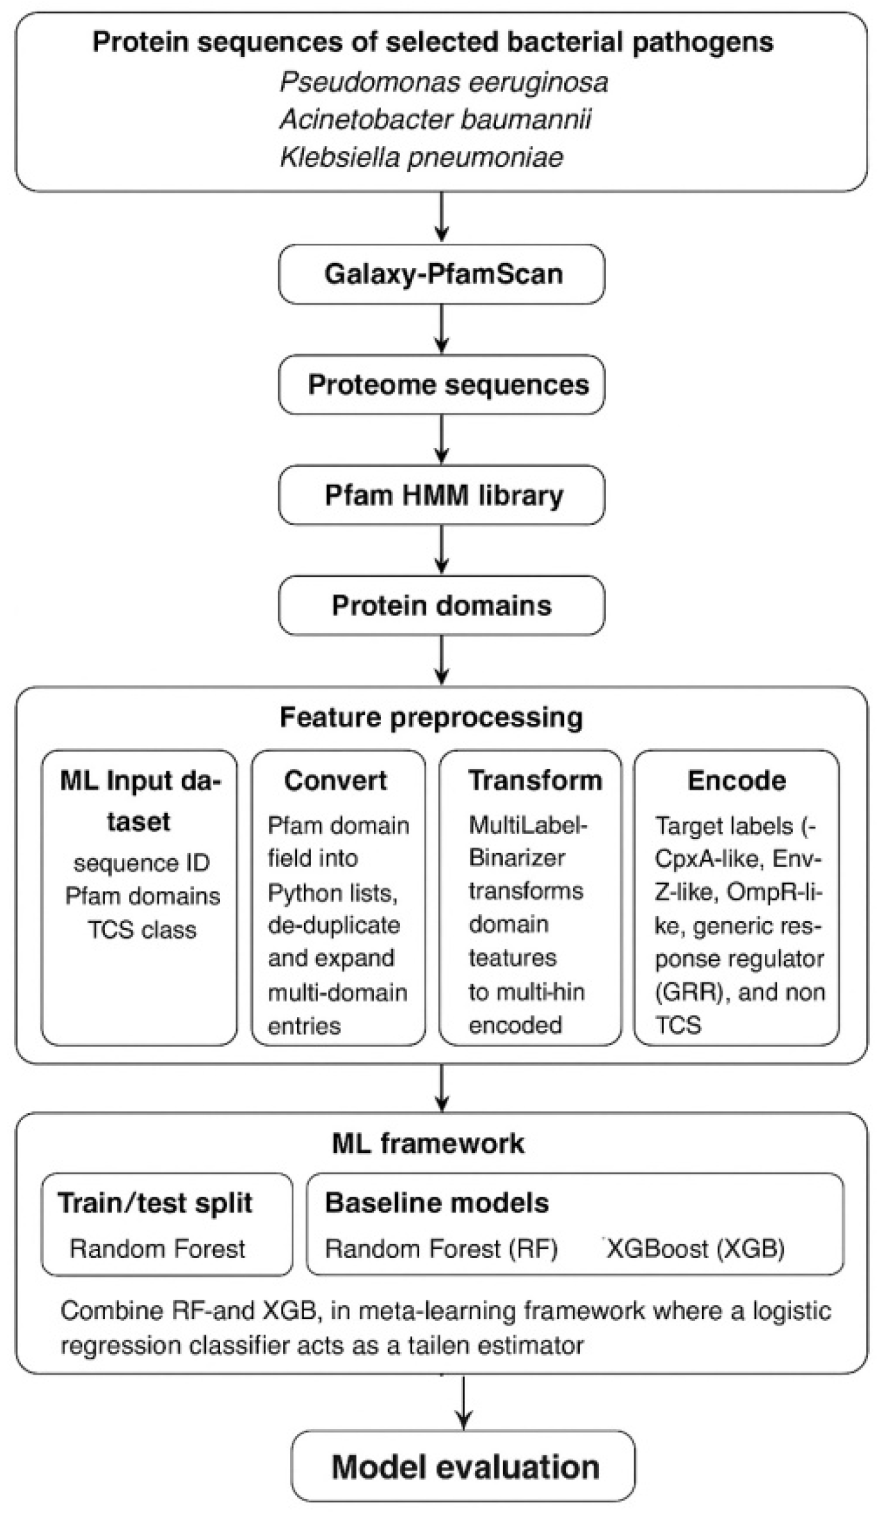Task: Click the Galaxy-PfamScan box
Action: pos(442,274)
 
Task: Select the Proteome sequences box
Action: pos(442,385)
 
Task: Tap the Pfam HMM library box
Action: pos(442,495)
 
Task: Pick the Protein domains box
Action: pos(442,605)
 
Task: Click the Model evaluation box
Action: pos(464,1466)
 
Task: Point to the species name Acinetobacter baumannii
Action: pos(435,120)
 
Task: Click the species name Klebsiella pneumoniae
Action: pos(422,157)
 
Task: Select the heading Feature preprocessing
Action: pos(431,717)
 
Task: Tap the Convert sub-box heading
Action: pos(335,781)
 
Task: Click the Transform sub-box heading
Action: pos(535,781)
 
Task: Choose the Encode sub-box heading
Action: pos(737,781)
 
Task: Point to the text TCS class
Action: pos(142,930)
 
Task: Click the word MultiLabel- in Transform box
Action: pos(528,825)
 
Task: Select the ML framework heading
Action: pos(428,1143)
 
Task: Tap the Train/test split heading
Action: pos(155,1203)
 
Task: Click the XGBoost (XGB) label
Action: pos(695,1249)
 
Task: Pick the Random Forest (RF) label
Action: pos(441,1249)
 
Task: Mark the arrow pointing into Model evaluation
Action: pos(463,1402)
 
